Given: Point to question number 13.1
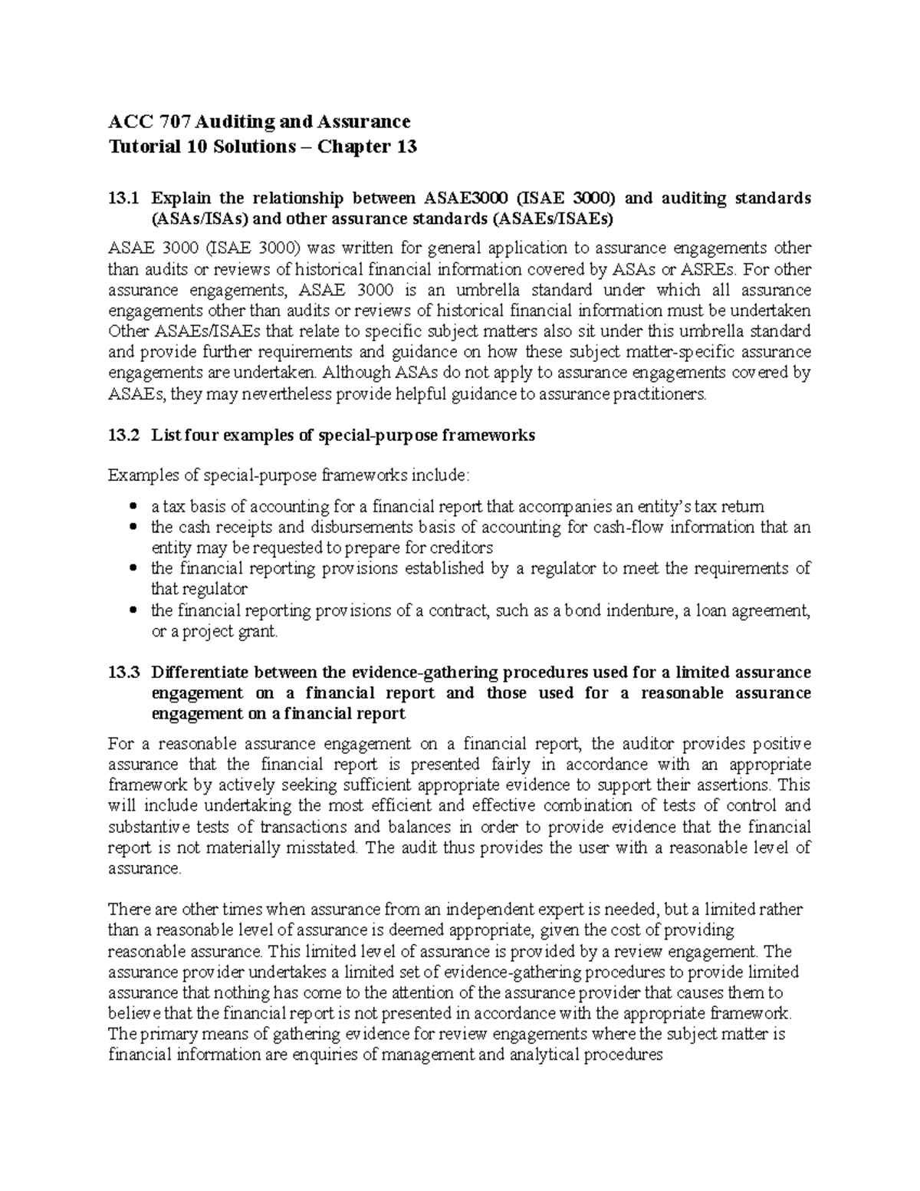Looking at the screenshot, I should (x=124, y=198).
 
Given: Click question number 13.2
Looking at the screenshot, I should (x=124, y=436).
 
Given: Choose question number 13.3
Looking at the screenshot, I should (x=124, y=673).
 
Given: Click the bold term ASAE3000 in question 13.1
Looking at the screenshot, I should (x=462, y=198).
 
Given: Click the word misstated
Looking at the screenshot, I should (x=324, y=847).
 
